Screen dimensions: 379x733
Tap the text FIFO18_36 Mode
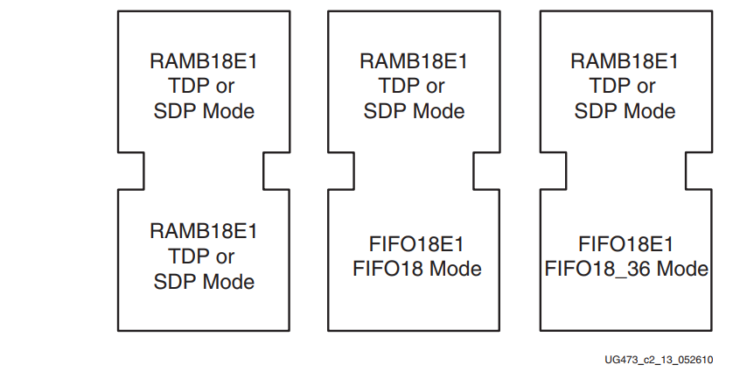click(626, 269)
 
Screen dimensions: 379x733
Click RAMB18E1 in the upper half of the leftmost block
click(204, 61)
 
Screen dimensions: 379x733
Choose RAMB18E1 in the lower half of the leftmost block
click(204, 232)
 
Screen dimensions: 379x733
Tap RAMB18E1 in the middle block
click(415, 61)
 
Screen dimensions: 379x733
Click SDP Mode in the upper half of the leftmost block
click(204, 111)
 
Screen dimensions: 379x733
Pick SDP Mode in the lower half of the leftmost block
click(204, 282)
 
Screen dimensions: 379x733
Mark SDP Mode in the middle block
click(415, 111)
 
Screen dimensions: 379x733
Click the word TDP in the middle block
click(401, 86)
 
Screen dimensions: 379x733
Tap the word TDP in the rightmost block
click(612, 86)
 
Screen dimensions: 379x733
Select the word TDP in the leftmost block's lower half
click(190, 257)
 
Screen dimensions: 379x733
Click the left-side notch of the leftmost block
click(131, 171)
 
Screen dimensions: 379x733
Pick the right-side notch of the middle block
click(487, 171)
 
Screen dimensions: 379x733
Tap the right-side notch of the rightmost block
click(699, 171)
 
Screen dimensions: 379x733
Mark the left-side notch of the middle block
click(342, 171)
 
